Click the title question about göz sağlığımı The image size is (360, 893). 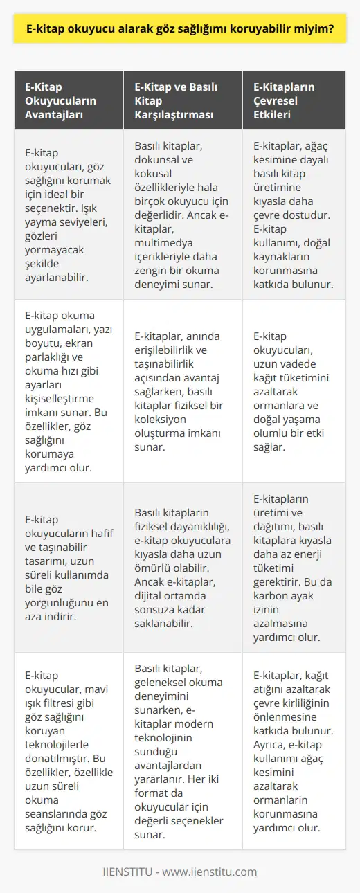click(x=180, y=30)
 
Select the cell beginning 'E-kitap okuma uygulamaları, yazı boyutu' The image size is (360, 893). click(x=64, y=390)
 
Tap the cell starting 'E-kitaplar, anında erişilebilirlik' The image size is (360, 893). click(x=182, y=390)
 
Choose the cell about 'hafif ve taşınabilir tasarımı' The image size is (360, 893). click(x=64, y=567)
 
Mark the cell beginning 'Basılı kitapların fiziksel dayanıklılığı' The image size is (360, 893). click(x=182, y=567)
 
